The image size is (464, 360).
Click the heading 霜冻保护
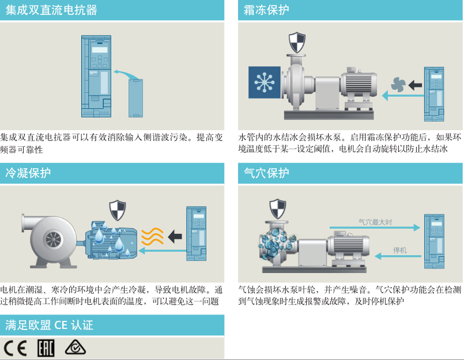coord(267,10)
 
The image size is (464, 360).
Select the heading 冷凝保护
coord(28,173)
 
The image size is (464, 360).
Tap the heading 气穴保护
coord(267,173)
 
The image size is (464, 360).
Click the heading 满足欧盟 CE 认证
coord(49,325)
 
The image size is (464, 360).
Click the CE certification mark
coord(16,348)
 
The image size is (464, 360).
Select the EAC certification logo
coord(46,348)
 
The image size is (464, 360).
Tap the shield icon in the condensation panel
coord(118,210)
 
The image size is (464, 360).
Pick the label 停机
coord(399,250)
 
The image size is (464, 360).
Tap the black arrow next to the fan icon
coord(415,85)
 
